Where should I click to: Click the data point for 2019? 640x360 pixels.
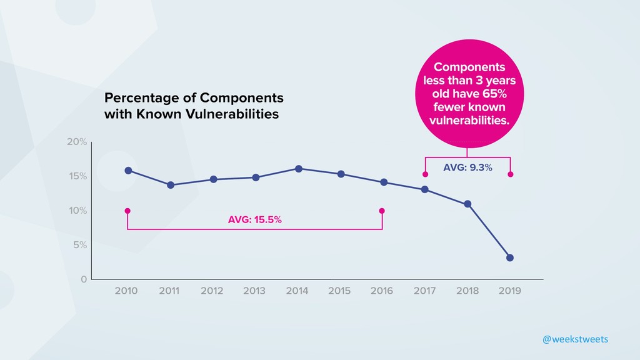510,257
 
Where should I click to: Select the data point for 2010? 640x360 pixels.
128,171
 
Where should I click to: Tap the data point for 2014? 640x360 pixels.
299,169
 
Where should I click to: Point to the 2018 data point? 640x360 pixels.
467,204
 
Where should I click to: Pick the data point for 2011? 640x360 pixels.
171,185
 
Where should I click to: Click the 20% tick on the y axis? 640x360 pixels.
77,142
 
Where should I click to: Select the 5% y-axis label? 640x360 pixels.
79,245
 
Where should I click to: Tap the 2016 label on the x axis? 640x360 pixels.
382,291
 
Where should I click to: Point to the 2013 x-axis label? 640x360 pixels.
254,291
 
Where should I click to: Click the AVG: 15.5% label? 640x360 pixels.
254,219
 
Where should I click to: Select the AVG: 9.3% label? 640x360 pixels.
467,167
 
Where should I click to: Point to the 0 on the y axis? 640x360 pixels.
84,279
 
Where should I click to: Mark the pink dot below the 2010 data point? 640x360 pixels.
127,211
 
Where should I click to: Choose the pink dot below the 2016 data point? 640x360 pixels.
382,211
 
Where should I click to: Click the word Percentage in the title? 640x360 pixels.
142,98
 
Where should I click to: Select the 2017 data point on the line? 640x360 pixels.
425,189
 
